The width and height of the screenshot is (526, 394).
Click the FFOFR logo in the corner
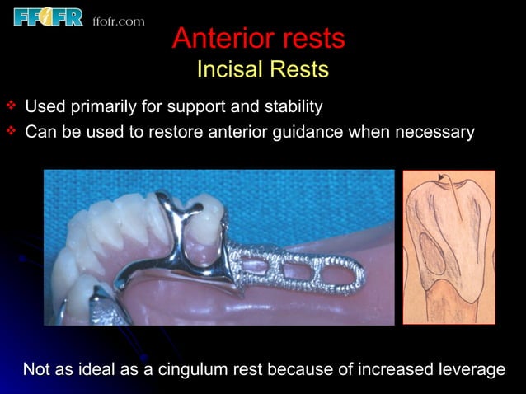coord(48,16)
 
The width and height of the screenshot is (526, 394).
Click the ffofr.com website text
coord(119,21)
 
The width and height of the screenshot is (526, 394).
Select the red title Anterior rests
coord(259,39)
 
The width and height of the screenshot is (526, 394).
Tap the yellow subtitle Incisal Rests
coord(262,70)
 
